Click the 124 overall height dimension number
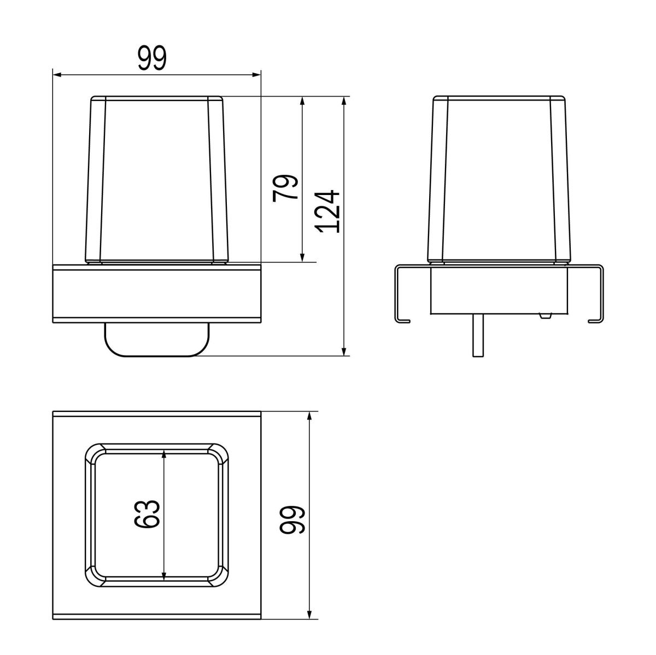coord(327,211)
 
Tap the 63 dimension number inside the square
coord(148,514)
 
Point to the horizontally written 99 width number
coord(152,58)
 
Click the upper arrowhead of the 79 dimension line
coord(302,102)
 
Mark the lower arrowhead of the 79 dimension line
coord(302,257)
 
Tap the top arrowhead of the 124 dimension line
coord(344,102)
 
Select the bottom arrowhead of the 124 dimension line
coord(344,351)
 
